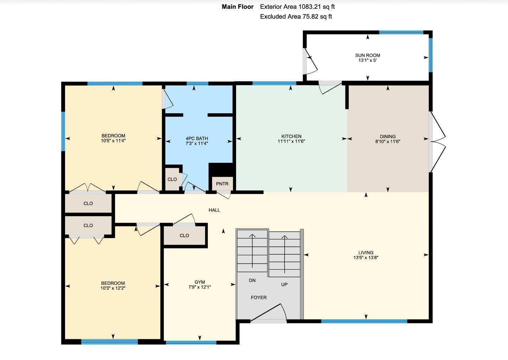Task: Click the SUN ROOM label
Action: [367, 55]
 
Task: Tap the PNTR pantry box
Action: [222, 184]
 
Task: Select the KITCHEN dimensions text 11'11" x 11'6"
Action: [291, 141]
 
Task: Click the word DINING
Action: [388, 136]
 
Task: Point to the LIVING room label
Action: [366, 252]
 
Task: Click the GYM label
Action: [199, 282]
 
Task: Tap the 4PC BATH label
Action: [197, 139]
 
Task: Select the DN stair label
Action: [252, 281]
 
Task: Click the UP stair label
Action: [284, 284]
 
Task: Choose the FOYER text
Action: [259, 297]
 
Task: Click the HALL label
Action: [214, 210]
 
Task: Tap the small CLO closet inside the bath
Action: [172, 179]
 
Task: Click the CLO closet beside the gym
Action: [184, 236]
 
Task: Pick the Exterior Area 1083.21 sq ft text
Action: [297, 7]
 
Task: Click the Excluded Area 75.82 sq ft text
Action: [296, 17]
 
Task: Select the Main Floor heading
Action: [237, 7]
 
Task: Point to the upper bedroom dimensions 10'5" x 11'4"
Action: [113, 141]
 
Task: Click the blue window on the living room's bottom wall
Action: [364, 321]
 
